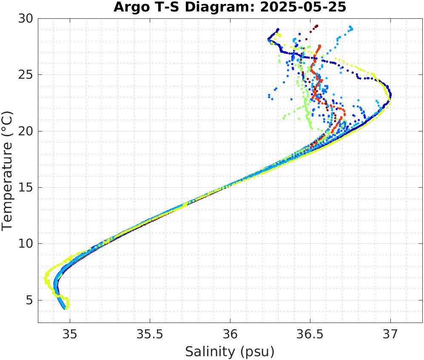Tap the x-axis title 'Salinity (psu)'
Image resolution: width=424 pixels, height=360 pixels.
pos(230,352)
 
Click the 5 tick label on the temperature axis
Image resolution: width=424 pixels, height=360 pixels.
pos(28,300)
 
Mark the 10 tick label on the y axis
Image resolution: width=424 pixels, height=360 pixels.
pos(25,244)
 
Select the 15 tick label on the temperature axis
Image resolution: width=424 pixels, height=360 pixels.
pos(25,188)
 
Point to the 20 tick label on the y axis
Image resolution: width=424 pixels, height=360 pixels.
pos(25,131)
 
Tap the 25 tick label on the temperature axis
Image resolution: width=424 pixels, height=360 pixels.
pos(25,75)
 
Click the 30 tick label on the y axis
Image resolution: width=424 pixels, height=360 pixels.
pos(25,19)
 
